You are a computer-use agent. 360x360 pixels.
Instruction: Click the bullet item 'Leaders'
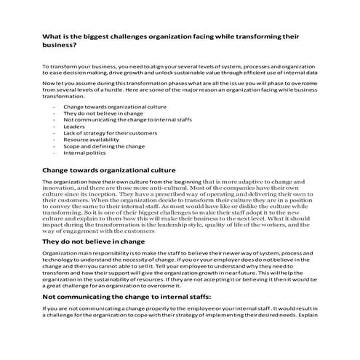click(74, 126)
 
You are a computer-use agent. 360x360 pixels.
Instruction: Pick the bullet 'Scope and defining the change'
click(104, 146)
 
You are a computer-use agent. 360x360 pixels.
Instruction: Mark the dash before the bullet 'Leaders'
click(55, 126)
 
